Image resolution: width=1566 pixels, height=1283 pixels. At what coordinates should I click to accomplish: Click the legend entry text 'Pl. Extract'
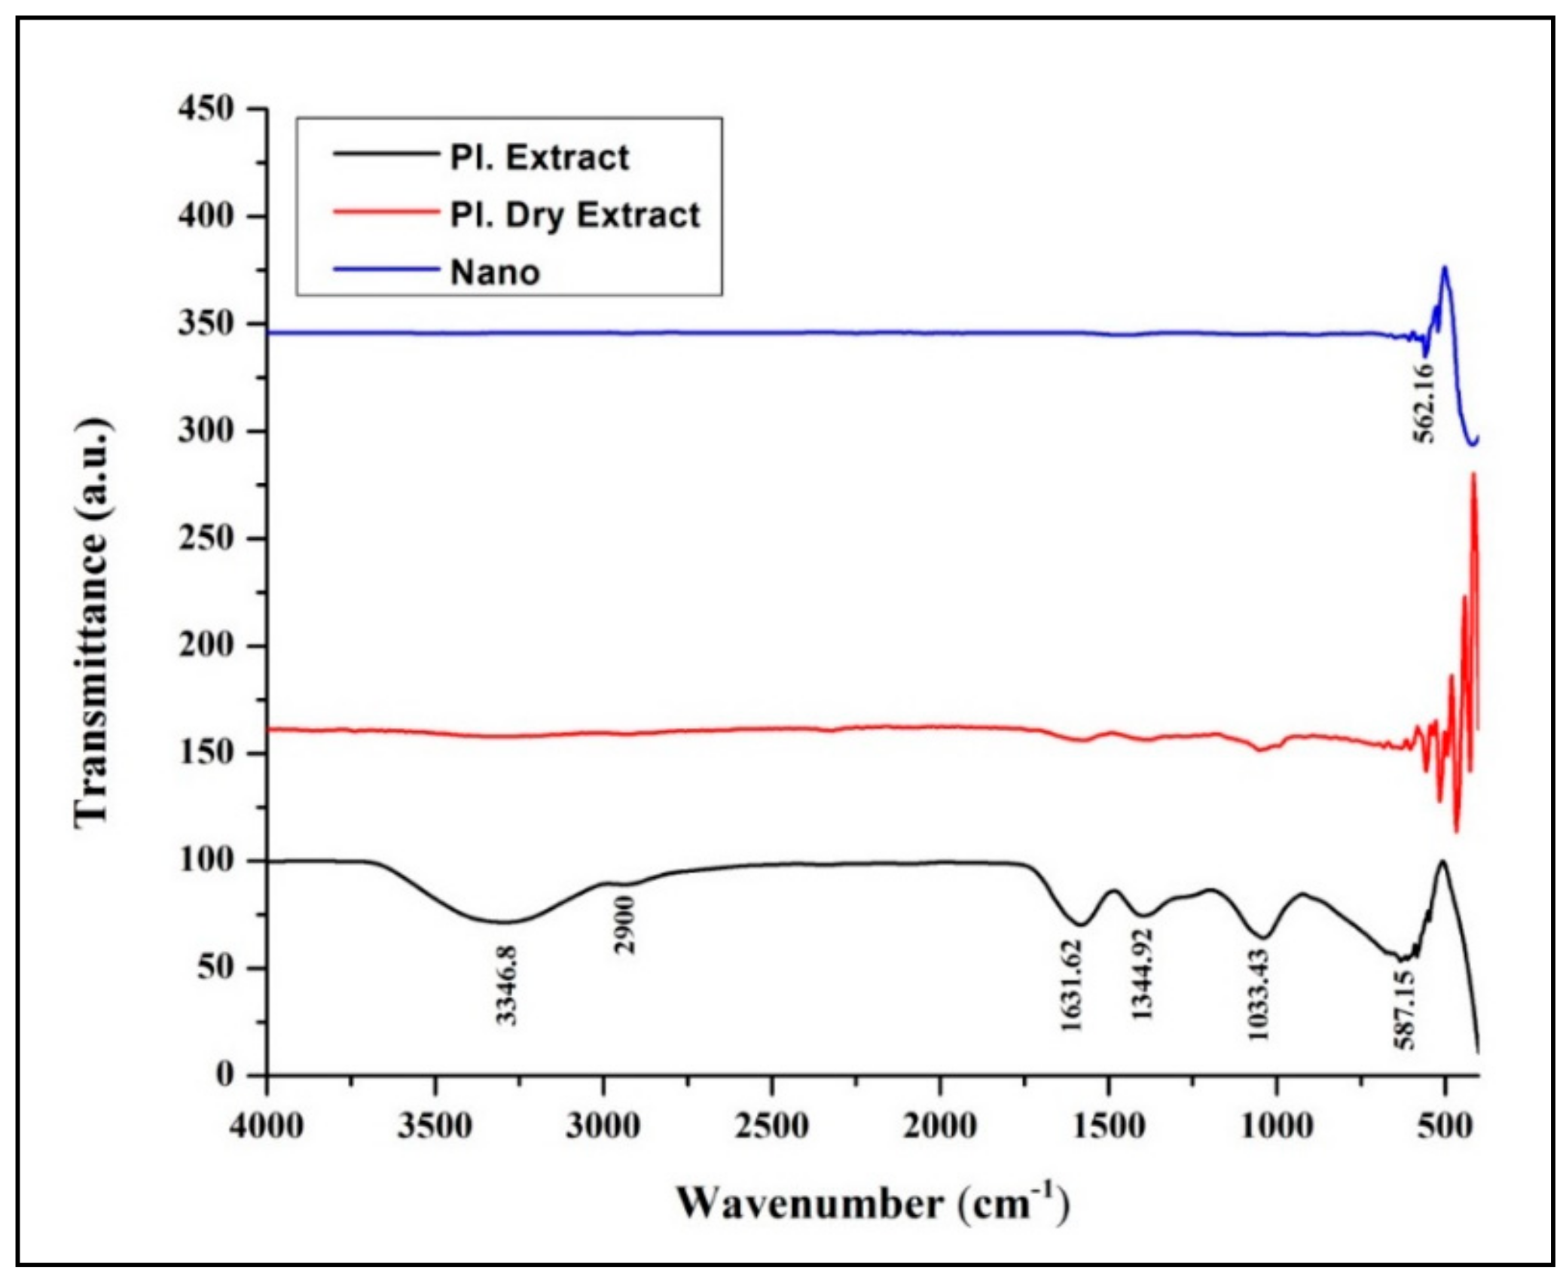539,158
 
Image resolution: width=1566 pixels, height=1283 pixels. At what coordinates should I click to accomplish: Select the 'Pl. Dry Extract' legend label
575,215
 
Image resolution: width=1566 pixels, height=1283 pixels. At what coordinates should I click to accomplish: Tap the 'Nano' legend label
495,273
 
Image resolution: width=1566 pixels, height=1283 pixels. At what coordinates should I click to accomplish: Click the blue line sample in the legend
385,270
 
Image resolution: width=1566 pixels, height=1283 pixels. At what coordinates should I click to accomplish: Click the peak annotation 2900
625,925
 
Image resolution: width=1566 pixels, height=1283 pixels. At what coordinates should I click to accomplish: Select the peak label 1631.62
1071,986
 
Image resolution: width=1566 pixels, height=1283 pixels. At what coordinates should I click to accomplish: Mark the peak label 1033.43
1258,995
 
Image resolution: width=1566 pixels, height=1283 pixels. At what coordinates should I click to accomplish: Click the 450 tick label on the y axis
206,110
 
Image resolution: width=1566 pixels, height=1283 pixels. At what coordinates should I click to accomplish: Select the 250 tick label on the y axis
206,539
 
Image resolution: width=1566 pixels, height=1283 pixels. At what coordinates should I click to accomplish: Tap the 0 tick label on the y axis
225,1075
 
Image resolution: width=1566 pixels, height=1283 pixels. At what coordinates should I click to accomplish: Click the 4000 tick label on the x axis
267,1127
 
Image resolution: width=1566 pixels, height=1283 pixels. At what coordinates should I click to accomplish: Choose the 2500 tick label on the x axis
771,1127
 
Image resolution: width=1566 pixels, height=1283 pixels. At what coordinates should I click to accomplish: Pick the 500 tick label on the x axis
1444,1127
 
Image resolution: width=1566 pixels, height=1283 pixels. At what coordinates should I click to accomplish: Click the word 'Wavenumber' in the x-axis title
809,1204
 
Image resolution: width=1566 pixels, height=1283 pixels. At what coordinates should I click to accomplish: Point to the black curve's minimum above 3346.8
506,922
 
